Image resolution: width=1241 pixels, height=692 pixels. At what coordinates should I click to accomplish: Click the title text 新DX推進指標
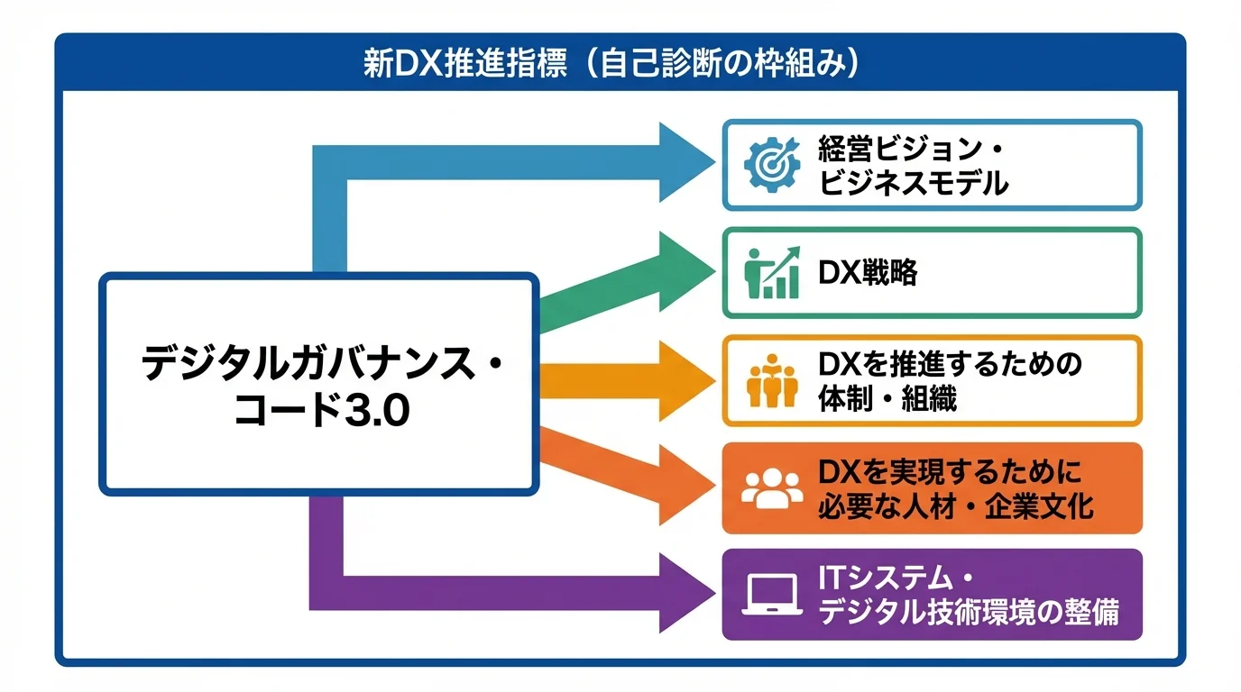(x=464, y=65)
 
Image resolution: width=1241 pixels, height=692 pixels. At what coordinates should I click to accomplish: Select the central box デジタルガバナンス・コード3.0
(x=319, y=385)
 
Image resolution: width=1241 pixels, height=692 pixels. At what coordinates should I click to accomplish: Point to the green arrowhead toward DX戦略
(x=684, y=271)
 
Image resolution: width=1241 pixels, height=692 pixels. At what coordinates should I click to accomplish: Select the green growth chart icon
(x=771, y=272)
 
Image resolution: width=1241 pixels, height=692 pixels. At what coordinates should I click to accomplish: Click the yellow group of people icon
(x=772, y=382)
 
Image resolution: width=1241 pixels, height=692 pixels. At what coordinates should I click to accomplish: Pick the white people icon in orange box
(x=771, y=488)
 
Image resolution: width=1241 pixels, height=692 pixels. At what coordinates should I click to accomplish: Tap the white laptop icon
(x=771, y=596)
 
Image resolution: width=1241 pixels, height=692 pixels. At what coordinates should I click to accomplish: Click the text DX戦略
(x=868, y=273)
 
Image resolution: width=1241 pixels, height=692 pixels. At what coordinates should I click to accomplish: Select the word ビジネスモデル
(x=913, y=183)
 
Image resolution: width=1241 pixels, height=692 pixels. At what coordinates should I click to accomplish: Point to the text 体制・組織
(x=887, y=398)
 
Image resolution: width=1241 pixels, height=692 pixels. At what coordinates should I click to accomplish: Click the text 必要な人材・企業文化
(x=955, y=506)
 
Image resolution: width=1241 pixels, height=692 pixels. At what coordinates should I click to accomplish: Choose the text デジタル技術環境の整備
(x=968, y=613)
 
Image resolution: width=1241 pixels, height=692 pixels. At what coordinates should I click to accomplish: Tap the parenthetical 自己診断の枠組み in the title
(x=722, y=65)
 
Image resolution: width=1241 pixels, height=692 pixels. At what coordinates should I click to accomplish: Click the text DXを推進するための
(x=949, y=364)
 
